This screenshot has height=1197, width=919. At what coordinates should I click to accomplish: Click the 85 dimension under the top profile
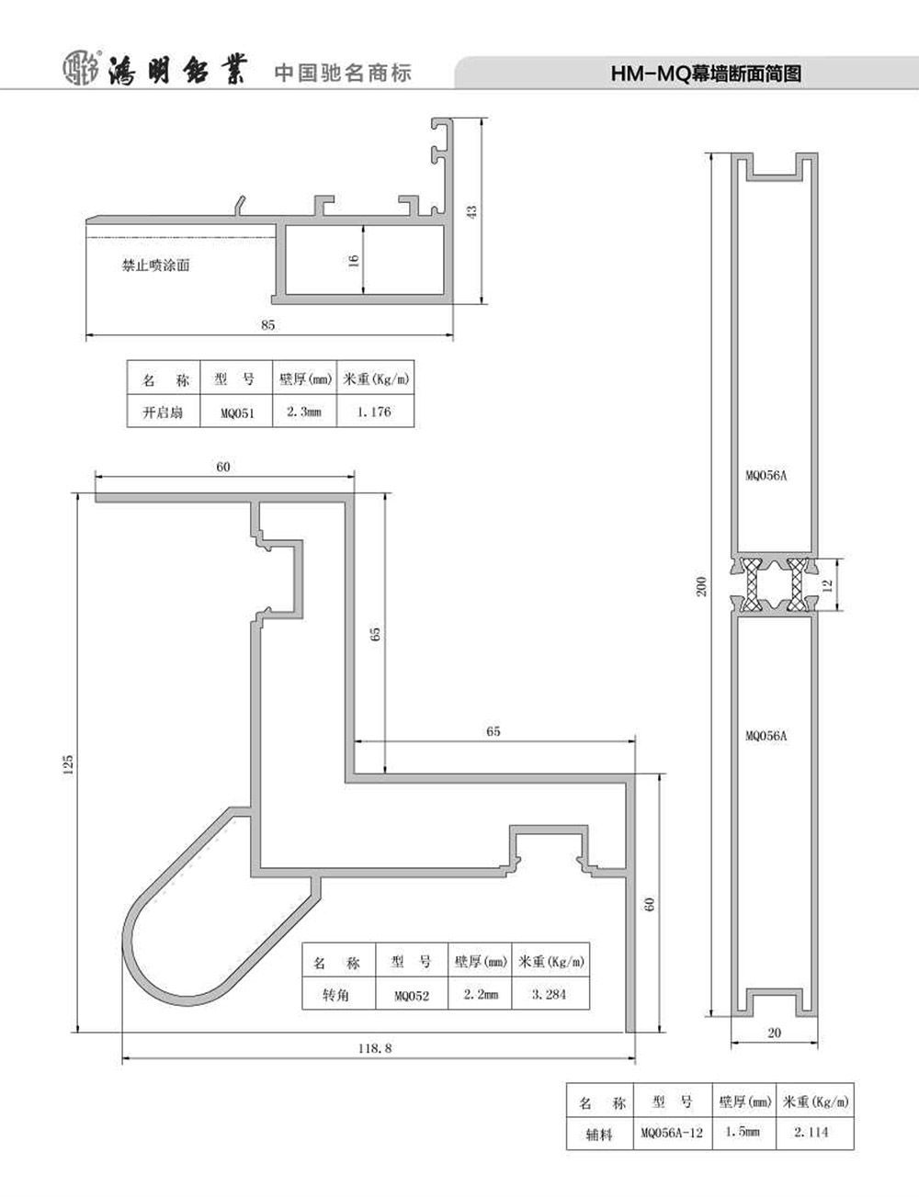point(267,325)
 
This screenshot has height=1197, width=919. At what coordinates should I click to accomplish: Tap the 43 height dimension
point(472,211)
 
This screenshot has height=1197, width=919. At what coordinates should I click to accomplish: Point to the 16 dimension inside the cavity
point(354,260)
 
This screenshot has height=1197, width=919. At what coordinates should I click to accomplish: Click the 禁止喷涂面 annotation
point(156,265)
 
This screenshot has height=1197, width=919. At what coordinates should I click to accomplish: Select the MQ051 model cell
point(237,413)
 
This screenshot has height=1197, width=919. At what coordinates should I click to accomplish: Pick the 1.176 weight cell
point(374,412)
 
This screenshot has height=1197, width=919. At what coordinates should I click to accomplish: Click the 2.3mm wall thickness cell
point(303,412)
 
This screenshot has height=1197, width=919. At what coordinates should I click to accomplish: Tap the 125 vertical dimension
point(68,765)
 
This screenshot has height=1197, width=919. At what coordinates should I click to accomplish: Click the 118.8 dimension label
point(375,1048)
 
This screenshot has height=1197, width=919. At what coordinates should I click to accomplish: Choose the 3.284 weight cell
point(550,994)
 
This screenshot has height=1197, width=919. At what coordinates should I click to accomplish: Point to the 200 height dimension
point(701,587)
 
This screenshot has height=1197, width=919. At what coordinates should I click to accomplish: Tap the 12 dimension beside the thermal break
point(827,585)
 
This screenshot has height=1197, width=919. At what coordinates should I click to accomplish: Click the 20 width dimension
point(774,1033)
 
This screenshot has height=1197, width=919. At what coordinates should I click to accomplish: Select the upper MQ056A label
point(766,476)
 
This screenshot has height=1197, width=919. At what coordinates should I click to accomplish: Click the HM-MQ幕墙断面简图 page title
point(706,73)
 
